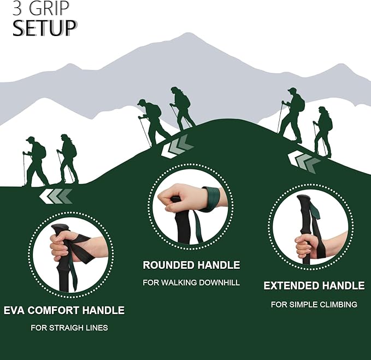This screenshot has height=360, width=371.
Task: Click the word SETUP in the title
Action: coord(44,28)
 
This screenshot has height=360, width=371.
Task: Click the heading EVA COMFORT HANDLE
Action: coord(64,310)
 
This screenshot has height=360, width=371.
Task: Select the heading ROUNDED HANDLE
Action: coord(191,265)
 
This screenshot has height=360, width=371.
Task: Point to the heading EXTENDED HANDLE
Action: coord(314,285)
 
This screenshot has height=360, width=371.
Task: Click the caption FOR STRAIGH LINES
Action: coord(69,328)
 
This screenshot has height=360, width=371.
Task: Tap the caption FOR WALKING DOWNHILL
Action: coord(191,282)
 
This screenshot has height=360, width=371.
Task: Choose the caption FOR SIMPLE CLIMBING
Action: coord(314,304)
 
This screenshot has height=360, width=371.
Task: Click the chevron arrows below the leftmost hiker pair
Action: coord(56,196)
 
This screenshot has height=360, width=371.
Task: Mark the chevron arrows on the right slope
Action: coord(304,161)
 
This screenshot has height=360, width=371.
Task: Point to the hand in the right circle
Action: coord(307,246)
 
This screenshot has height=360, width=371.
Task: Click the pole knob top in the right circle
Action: coord(304,199)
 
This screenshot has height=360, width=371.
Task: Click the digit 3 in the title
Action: coord(17,8)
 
